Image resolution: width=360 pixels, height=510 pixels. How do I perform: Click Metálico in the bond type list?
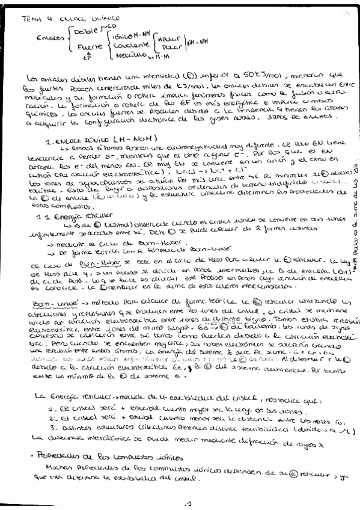[x=130, y=57]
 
